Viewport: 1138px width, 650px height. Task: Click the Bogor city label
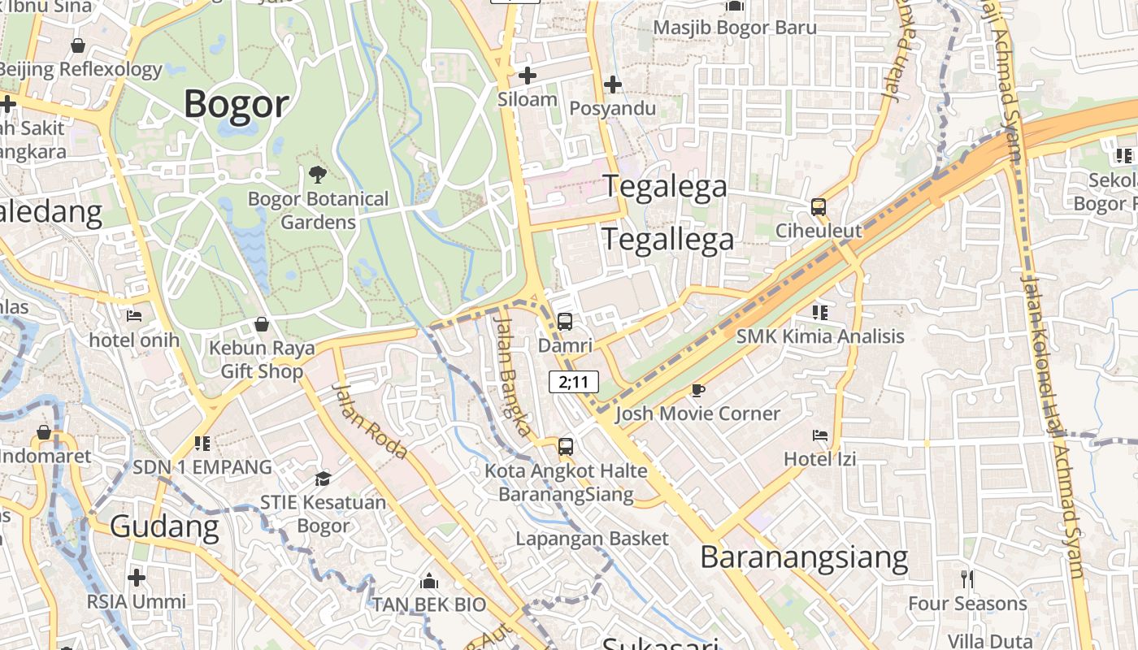click(x=236, y=104)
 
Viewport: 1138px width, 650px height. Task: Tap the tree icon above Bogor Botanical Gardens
click(x=318, y=173)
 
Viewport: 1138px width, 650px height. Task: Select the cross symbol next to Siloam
click(x=528, y=76)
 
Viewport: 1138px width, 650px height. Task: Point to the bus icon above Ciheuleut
click(x=818, y=207)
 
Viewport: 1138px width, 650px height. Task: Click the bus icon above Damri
click(x=565, y=321)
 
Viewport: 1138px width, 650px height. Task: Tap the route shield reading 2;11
click(x=574, y=382)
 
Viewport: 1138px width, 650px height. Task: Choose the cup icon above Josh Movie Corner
click(x=697, y=390)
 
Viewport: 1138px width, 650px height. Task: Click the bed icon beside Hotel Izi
click(x=820, y=435)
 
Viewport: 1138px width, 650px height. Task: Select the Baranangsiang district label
click(x=804, y=557)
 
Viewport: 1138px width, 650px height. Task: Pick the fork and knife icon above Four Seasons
click(x=966, y=579)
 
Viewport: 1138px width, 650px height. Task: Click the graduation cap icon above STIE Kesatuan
click(x=323, y=479)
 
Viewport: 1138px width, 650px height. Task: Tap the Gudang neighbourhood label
click(x=164, y=526)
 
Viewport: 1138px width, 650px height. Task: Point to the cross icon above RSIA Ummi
click(x=137, y=578)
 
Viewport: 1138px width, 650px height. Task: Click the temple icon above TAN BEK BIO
click(x=428, y=582)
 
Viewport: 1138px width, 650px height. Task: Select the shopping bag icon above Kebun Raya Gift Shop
click(x=262, y=324)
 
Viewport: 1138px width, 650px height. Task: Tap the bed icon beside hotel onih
click(x=135, y=315)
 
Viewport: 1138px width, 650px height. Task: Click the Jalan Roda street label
click(x=370, y=421)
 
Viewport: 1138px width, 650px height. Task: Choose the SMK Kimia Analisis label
click(x=820, y=336)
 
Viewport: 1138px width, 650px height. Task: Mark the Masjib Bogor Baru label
click(x=735, y=28)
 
